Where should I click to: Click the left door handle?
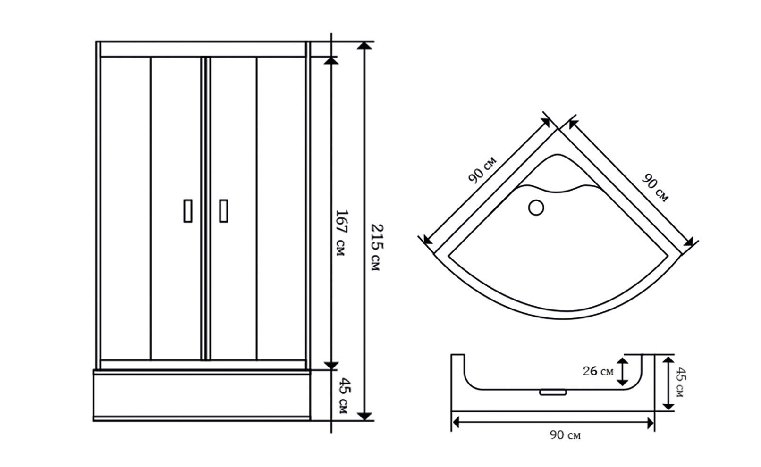point(188,211)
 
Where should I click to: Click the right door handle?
point(224,211)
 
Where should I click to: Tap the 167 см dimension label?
point(341,233)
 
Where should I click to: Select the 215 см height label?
point(376,247)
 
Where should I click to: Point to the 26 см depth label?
point(598,371)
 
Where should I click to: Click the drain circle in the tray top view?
point(536,208)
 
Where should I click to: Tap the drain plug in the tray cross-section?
point(553,392)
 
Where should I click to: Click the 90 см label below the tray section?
point(565,435)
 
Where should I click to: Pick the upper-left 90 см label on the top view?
point(482,170)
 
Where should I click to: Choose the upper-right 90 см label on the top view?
point(655,188)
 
